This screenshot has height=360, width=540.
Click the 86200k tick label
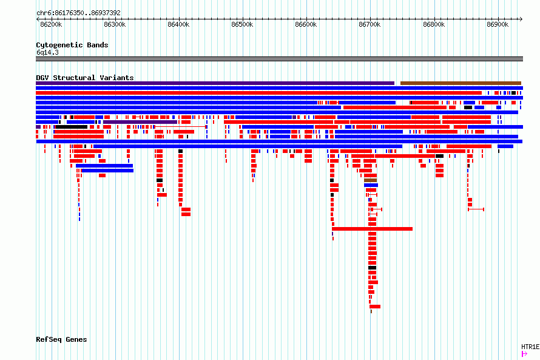coord(51,24)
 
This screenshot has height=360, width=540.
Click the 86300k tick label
coord(115,24)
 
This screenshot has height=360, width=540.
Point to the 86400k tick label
coord(178,24)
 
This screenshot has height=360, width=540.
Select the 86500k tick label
coord(242,24)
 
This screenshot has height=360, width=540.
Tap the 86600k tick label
coord(306,24)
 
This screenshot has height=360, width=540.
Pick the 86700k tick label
coord(370,24)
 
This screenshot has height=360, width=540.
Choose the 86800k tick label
coord(434,24)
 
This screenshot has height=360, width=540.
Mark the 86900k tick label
coord(498,24)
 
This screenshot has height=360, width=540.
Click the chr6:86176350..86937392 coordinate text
coord(78,13)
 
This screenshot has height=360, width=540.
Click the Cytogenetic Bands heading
coord(72,45)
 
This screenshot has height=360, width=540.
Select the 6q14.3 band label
coord(47,52)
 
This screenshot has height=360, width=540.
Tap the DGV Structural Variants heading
coord(85,78)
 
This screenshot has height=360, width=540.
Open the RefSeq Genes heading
coord(61,340)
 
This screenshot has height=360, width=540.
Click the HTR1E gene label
coord(530,347)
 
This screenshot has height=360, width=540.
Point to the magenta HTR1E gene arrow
coord(524,354)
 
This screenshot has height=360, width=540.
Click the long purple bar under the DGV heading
coord(215,83)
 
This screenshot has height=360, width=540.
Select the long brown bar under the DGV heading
coord(461,83)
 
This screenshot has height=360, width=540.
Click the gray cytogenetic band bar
coord(279,59)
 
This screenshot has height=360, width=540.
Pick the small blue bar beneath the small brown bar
coord(371,185)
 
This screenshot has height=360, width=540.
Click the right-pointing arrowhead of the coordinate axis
coord(521,19)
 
